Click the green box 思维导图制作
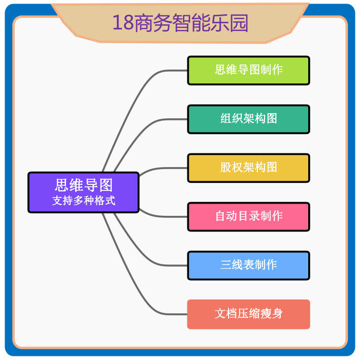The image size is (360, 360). pyautogui.click(x=248, y=70)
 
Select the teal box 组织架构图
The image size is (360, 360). pyautogui.click(x=248, y=119)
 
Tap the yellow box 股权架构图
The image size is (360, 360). pyautogui.click(x=248, y=168)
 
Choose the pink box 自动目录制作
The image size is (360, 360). pyautogui.click(x=248, y=216)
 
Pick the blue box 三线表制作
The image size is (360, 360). pyautogui.click(x=248, y=265)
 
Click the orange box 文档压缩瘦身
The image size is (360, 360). pyautogui.click(x=248, y=314)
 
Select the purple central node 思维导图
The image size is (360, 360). pyautogui.click(x=83, y=185)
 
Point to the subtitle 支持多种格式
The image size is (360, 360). pyautogui.click(x=83, y=201)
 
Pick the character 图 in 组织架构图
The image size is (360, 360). pyautogui.click(x=272, y=119)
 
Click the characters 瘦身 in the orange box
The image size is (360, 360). pyautogui.click(x=272, y=314)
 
